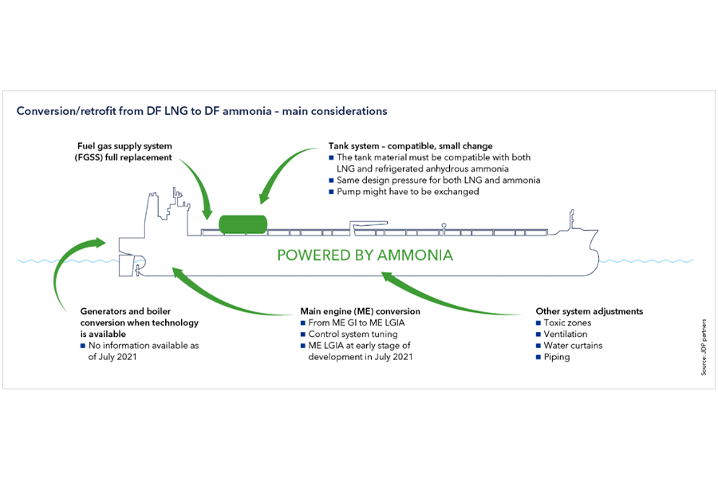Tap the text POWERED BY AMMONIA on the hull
365,255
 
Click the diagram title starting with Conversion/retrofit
202,111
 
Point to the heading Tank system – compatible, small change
411,147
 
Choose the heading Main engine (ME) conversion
360,311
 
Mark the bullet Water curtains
573,346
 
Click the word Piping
557,357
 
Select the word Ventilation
566,334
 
